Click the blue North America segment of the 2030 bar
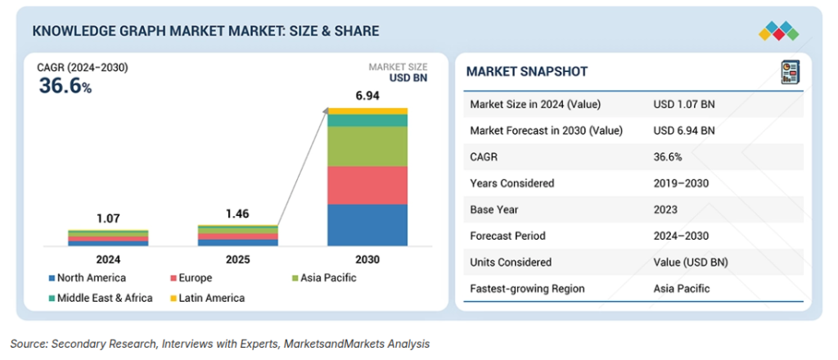pyautogui.click(x=367, y=225)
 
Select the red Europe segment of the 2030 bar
pyautogui.click(x=367, y=185)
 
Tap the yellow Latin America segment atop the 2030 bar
pyautogui.click(x=367, y=111)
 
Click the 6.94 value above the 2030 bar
pyautogui.click(x=367, y=97)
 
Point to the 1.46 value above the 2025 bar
pyautogui.click(x=237, y=214)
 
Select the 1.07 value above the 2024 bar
pyautogui.click(x=108, y=218)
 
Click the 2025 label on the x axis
pyautogui.click(x=237, y=260)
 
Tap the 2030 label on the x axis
pyautogui.click(x=367, y=260)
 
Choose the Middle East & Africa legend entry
pyautogui.click(x=101, y=298)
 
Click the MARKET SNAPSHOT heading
pyautogui.click(x=527, y=72)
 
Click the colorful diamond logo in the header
pyautogui.click(x=778, y=31)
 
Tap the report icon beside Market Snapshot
pyautogui.click(x=790, y=72)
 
